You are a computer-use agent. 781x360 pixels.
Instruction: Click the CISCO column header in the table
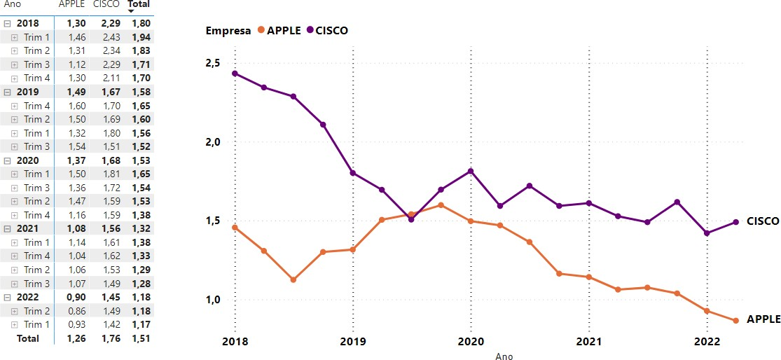point(106,4)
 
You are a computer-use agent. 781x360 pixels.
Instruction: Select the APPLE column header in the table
point(71,4)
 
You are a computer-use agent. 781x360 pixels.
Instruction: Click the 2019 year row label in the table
point(27,92)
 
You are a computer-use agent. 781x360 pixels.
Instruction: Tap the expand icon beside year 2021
point(8,228)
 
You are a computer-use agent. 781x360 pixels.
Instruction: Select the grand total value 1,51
point(141,338)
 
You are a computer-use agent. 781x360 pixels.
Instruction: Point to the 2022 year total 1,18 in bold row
point(141,297)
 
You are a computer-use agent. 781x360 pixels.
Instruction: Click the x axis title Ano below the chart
point(504,356)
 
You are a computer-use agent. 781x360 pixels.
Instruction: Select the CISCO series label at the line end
point(763,221)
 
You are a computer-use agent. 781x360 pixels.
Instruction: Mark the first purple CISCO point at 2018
point(235,74)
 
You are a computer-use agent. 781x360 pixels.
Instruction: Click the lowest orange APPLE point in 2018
point(293,279)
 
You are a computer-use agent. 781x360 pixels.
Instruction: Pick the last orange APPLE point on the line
point(735,321)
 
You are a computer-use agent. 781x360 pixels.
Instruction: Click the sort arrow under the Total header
point(131,12)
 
